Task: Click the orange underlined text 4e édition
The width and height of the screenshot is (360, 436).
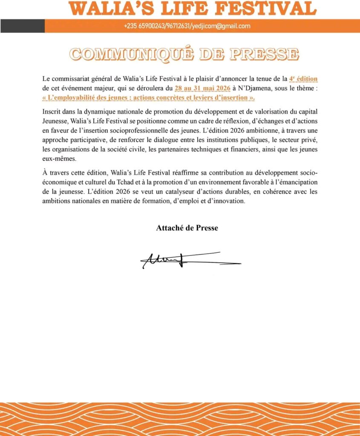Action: (303, 79)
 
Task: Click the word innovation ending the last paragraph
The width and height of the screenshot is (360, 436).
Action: (230, 201)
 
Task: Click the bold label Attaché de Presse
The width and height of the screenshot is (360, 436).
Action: (187, 228)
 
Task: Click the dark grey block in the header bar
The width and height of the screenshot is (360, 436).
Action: (23, 26)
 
